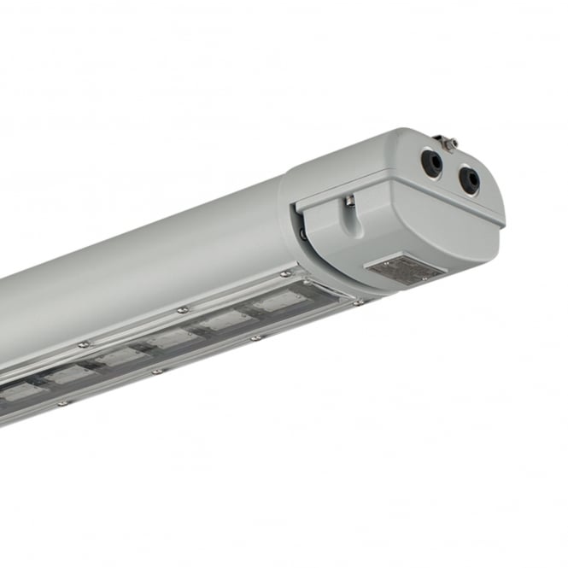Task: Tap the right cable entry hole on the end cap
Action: pos(470,179)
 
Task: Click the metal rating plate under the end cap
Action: pos(404,271)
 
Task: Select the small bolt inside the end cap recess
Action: pos(350,202)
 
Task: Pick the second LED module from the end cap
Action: pos(225,321)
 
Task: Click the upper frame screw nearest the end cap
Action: pos(285,274)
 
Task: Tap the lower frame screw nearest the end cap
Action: pos(357,302)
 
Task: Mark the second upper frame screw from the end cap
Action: pos(182,310)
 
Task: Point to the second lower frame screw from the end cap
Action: pos(255,337)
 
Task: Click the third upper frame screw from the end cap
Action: pos(83,344)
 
